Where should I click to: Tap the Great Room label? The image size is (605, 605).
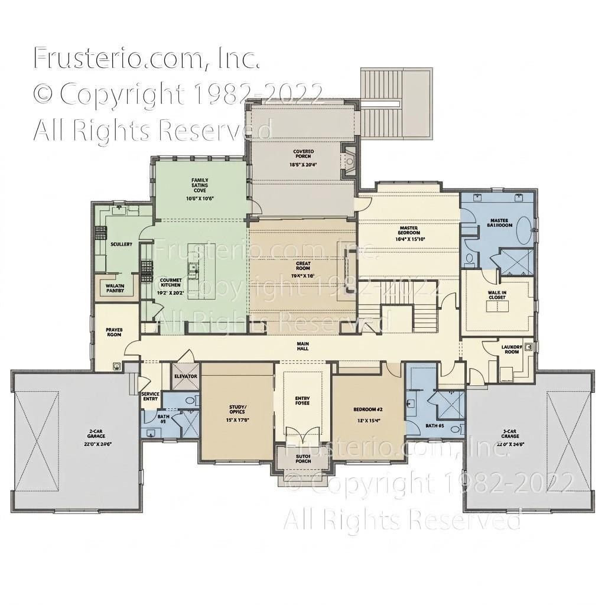click(x=302, y=265)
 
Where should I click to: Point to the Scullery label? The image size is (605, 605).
click(x=121, y=244)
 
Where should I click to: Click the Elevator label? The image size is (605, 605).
click(x=185, y=376)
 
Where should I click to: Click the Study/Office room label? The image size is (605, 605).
click(x=237, y=409)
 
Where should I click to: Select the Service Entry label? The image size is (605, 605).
click(x=150, y=396)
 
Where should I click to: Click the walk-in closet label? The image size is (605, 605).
click(x=497, y=294)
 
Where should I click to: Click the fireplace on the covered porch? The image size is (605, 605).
click(x=349, y=160)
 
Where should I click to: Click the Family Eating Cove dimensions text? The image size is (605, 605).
click(x=199, y=199)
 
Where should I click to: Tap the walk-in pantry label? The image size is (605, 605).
click(x=115, y=288)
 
